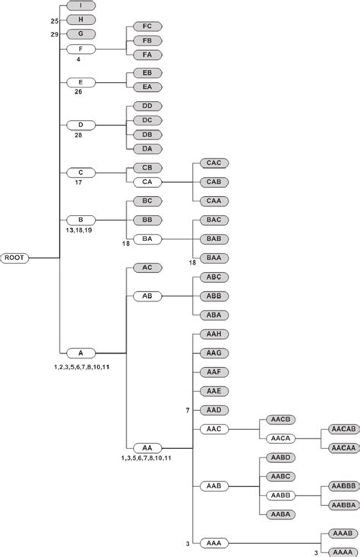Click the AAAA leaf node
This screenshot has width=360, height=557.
(x=341, y=552)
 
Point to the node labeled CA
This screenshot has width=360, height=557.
(x=146, y=182)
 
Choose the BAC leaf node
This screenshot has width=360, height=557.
(x=213, y=220)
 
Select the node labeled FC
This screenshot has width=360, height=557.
(x=146, y=25)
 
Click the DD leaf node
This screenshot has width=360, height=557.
(x=146, y=106)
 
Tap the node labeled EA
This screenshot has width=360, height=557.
(x=146, y=87)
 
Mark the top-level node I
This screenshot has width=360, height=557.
(x=81, y=5)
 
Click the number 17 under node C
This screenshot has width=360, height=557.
(x=79, y=182)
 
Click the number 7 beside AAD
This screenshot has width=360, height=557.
(x=188, y=410)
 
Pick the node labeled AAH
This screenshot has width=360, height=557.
(x=213, y=334)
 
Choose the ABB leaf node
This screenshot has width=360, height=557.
(x=213, y=296)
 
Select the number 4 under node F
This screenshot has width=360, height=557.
(x=79, y=59)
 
